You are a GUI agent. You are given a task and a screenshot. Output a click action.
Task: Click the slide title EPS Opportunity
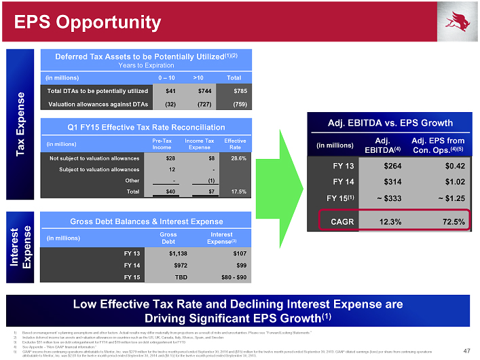click(88, 22)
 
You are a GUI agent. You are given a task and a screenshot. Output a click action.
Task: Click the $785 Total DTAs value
click(239, 91)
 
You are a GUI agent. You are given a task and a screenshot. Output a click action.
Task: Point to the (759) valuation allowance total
click(239, 104)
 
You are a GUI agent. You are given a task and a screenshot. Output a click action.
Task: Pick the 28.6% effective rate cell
click(238, 158)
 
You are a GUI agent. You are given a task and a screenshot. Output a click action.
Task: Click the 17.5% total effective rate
click(238, 192)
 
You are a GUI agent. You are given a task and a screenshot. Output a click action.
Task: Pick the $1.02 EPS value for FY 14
click(450, 181)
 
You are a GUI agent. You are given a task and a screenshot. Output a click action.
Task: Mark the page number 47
click(466, 350)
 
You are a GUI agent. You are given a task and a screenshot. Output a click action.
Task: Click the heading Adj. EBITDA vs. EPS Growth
click(390, 123)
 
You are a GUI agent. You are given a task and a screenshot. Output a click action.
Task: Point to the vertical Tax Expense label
click(21, 122)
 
